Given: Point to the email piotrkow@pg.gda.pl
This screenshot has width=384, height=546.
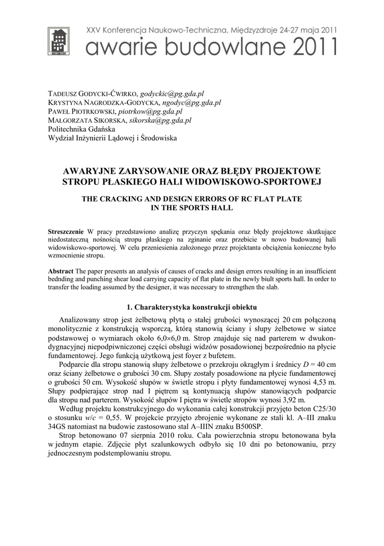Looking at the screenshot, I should (x=150, y=111).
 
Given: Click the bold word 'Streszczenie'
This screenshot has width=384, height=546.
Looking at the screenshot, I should (x=66, y=232).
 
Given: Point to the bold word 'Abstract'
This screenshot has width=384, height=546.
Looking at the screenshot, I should (x=61, y=271).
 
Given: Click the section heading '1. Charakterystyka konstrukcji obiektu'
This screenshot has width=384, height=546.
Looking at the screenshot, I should (x=192, y=308).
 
